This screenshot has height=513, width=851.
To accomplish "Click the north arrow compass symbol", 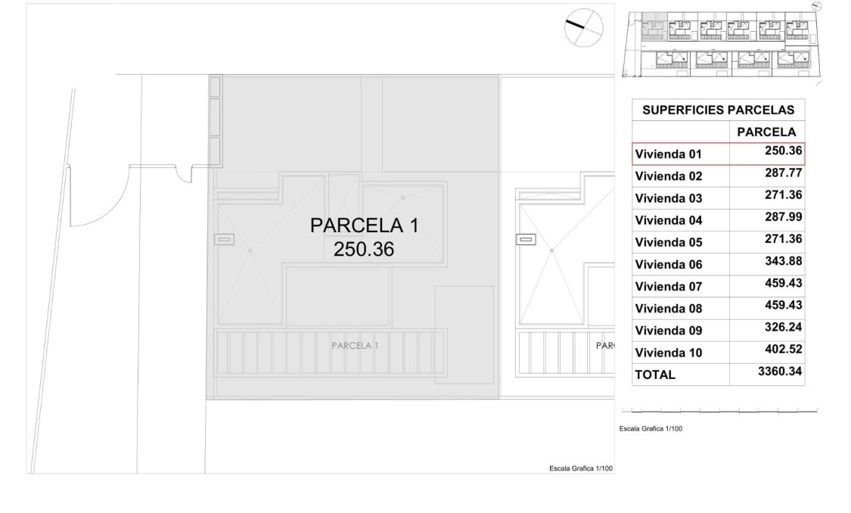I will [584, 28].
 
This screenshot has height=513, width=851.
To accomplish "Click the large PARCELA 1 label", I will [363, 225].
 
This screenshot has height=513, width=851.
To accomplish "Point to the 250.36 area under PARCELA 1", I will [363, 249].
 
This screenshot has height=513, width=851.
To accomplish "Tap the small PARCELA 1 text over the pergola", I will [355, 345].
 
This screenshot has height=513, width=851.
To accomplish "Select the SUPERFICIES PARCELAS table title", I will [718, 110].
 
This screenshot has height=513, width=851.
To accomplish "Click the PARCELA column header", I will [766, 132].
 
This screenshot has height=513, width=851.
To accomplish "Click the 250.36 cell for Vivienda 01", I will [783, 151].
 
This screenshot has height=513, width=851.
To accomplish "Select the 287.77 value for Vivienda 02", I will [783, 173].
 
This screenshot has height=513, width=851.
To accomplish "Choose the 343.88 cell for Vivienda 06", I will [783, 261].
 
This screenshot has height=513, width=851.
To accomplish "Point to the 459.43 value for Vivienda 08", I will [783, 305].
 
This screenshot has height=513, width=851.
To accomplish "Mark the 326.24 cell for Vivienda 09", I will [783, 327].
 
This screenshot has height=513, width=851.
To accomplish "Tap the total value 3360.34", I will [780, 372].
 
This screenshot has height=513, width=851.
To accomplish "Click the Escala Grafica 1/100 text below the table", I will [651, 429].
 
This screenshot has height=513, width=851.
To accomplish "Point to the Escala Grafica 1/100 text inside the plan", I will [580, 468].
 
